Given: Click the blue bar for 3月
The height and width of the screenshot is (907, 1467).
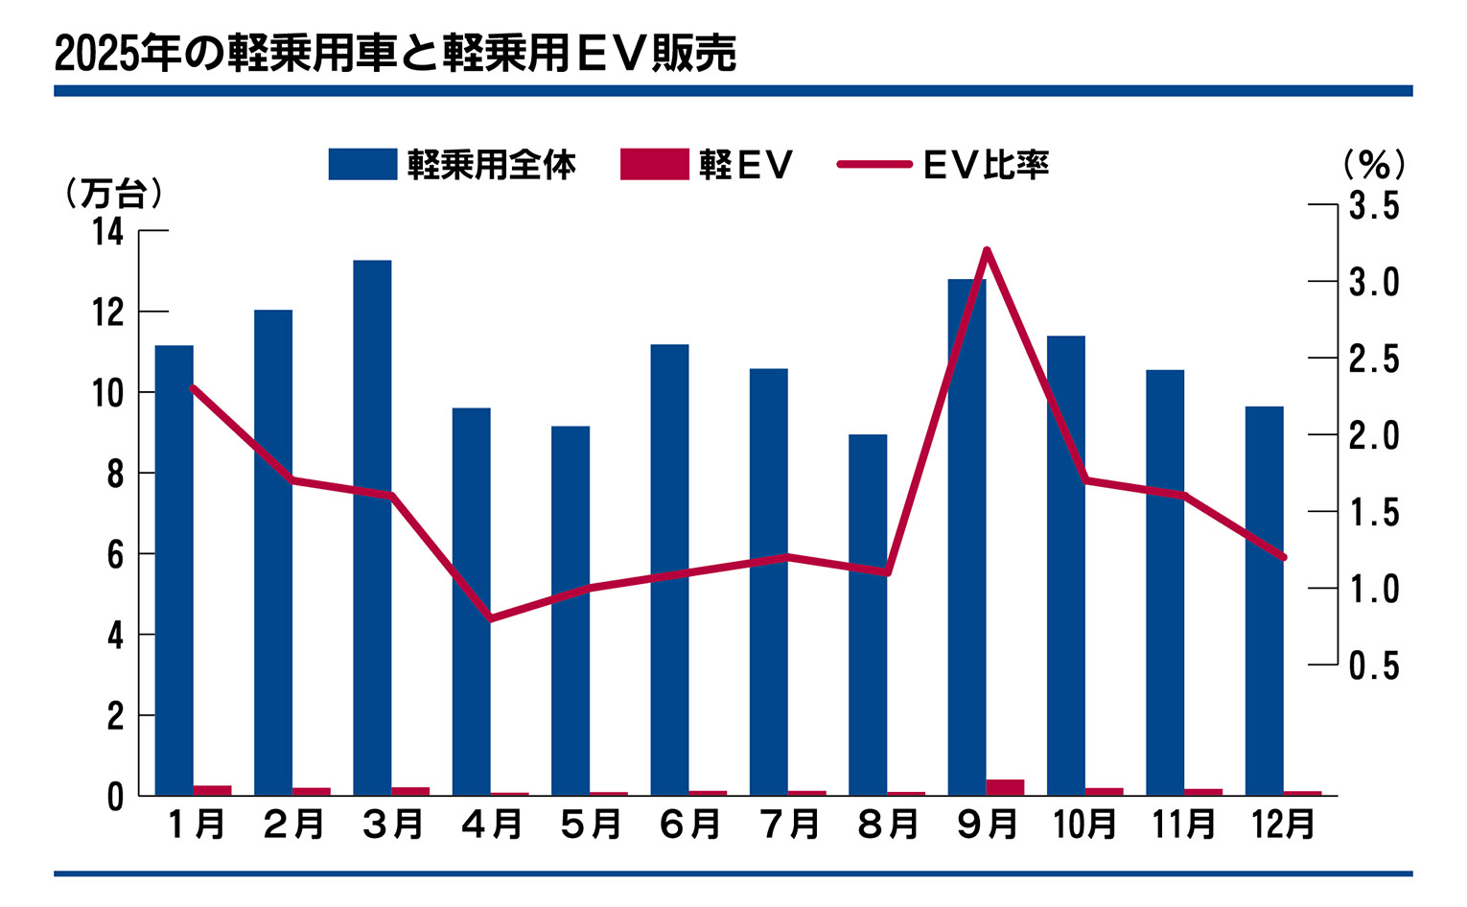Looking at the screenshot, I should pos(372,527).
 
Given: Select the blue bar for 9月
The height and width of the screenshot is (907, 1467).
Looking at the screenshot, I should pos(966,537).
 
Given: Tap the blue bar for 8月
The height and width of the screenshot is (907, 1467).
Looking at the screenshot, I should pos(868,615).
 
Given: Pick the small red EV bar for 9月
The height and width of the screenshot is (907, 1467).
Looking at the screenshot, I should pos(1005,787).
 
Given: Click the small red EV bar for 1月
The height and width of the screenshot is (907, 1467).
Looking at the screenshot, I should pos(212,790).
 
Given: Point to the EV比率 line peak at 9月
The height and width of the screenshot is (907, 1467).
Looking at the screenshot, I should pos(987,250).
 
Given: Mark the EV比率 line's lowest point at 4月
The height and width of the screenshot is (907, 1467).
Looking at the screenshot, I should pos(491,618).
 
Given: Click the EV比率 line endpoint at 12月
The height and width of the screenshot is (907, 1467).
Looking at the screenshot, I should pos(1283,557).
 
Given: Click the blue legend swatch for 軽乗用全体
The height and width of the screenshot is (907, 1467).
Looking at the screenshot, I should pos(362,164).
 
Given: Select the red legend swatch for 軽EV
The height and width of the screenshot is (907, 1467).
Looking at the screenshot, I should pos(654,164).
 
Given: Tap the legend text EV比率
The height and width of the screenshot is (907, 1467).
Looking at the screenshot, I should pos(986,165).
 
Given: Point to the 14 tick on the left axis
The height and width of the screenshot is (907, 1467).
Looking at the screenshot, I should pos(109,231).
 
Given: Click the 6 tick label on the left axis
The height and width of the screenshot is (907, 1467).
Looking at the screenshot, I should pos(115,554).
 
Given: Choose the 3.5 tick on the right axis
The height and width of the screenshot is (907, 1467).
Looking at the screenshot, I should pos(1374,205).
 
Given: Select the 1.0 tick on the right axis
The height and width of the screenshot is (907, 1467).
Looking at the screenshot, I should pos(1374,588).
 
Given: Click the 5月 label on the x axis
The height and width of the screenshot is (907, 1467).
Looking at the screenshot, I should pos(591,824).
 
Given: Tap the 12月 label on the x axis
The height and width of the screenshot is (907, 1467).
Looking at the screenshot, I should pos(1283,824).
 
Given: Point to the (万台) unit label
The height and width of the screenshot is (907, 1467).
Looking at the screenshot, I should pos(113,194).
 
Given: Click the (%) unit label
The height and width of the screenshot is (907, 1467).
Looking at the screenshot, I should pos(1374,165).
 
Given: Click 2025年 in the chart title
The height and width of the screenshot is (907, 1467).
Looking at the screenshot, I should pos(118,54).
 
